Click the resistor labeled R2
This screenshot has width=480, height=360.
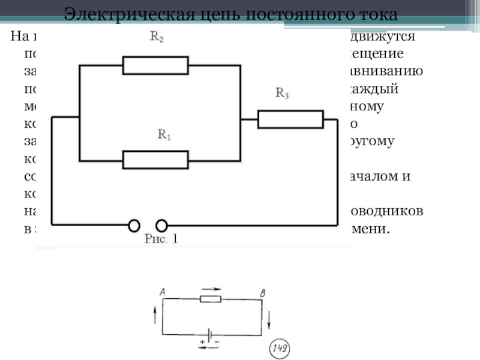(x=155, y=65)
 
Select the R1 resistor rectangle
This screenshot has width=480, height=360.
(x=155, y=160)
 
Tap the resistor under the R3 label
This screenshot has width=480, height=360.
(x=290, y=119)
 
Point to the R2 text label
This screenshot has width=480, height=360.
(x=157, y=38)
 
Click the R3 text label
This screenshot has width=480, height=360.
(x=283, y=93)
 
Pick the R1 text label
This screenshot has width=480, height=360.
(x=164, y=135)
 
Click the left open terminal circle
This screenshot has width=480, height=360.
(x=134, y=226)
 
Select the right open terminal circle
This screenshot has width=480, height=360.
(x=161, y=226)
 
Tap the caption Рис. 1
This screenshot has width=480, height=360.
(x=161, y=239)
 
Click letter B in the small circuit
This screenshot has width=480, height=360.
(x=262, y=293)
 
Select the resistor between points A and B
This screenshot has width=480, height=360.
(x=210, y=299)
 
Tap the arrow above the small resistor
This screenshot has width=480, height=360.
(x=211, y=289)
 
